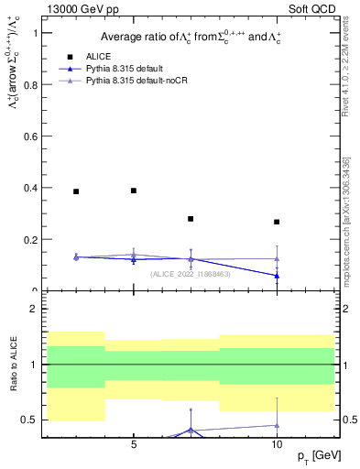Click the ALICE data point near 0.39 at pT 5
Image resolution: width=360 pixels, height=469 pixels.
134,191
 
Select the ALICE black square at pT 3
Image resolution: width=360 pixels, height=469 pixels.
76,191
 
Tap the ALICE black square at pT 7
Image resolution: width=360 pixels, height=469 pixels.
191,219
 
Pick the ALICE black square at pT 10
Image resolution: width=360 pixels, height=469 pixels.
277,222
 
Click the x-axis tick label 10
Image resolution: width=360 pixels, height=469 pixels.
277,444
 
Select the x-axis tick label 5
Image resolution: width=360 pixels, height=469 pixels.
134,444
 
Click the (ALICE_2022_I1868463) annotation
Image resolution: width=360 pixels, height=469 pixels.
191,274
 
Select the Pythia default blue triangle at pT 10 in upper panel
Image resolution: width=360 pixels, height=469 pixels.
277,276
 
